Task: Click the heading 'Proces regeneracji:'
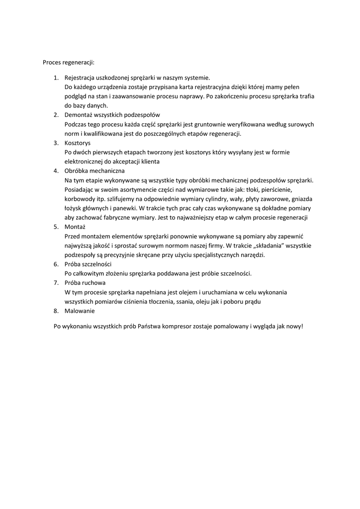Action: click(68, 63)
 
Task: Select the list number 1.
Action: click(56, 78)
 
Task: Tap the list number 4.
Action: click(56, 170)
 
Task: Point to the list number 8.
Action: click(56, 311)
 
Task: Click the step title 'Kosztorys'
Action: click(78, 143)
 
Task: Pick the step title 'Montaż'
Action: click(76, 227)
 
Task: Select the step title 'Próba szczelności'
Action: click(88, 264)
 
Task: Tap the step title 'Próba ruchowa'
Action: click(85, 283)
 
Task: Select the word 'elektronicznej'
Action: click(85, 162)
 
